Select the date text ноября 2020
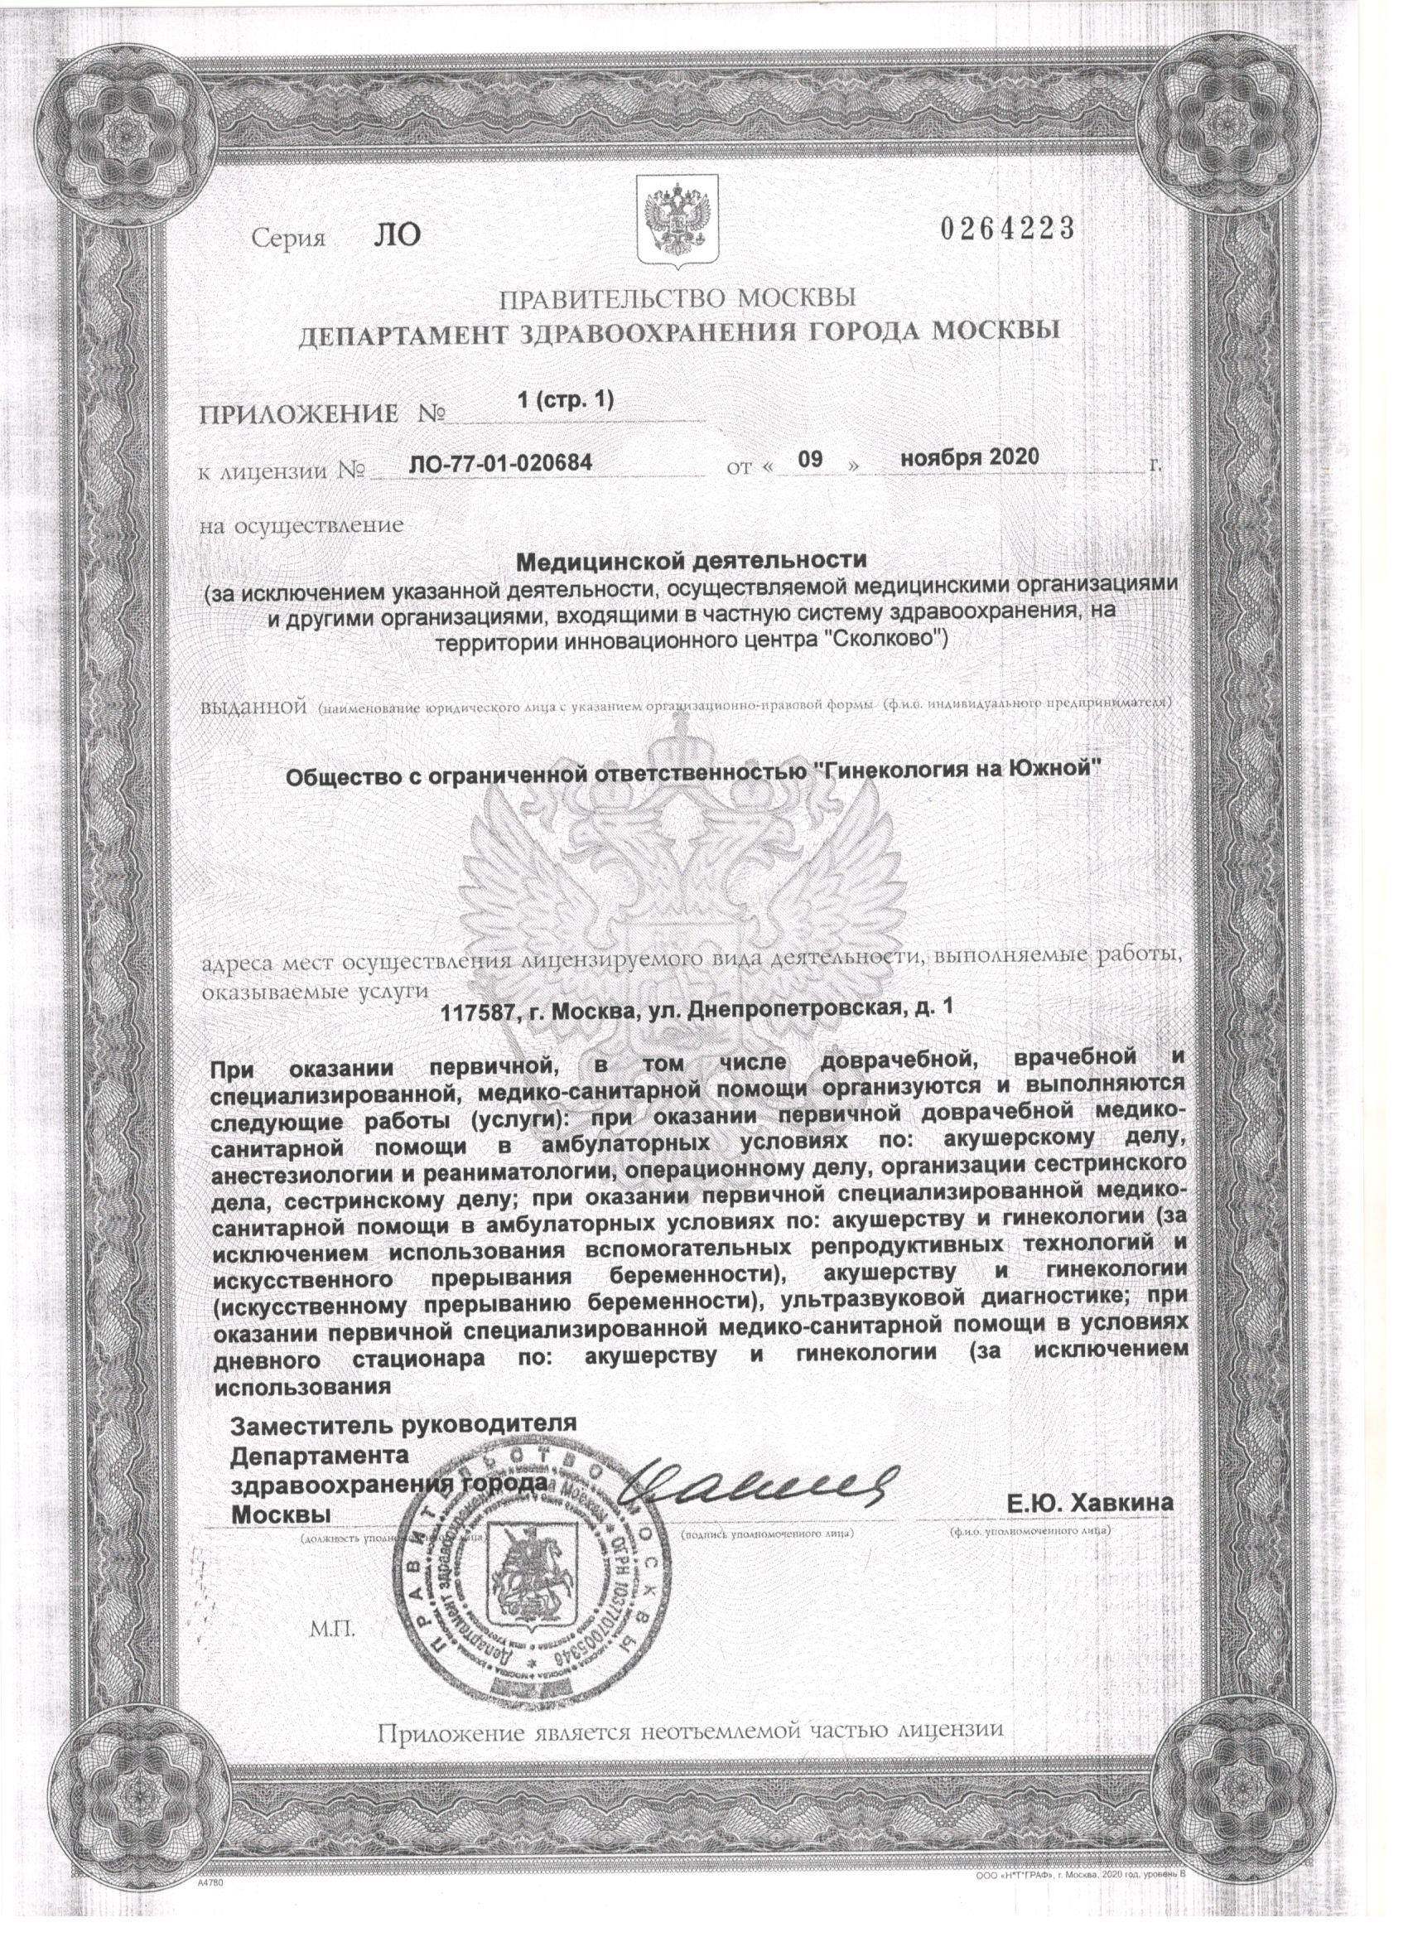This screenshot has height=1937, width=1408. click(x=970, y=457)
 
